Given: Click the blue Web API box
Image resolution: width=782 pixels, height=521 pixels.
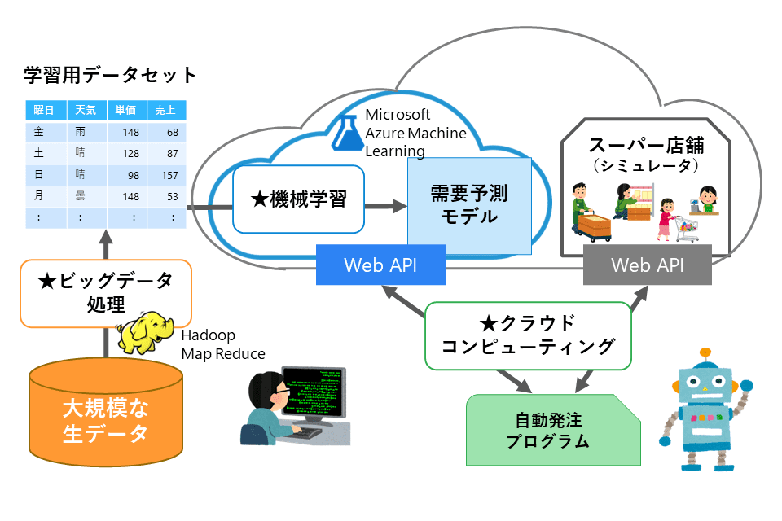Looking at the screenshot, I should pos(381,265).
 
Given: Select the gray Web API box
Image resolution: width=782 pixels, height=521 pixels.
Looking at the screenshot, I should pos(648,265).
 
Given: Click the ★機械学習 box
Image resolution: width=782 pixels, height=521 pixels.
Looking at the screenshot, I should pos(297,199).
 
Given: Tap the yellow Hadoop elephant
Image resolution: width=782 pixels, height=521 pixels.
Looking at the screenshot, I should pos(145,331).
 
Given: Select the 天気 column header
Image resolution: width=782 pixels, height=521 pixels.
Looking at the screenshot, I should pos(86,110).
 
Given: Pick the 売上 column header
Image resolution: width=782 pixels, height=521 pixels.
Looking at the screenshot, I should pos(167,110).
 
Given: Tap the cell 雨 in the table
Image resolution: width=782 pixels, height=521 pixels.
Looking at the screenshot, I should pos(81,132).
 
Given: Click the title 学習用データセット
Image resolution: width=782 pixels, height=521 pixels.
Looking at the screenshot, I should pos(110,76).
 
